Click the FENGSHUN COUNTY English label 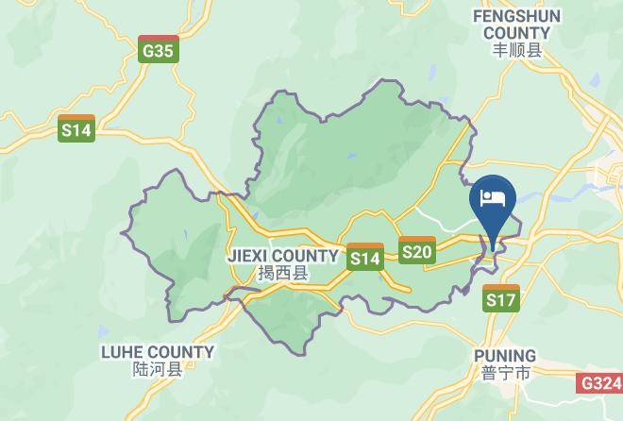tap(518, 25)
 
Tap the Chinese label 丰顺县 tap(518, 52)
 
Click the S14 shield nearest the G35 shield tap(76, 129)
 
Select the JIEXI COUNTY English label tap(282, 256)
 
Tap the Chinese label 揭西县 tap(282, 274)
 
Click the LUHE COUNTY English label tap(158, 352)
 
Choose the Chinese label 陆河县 tap(158, 370)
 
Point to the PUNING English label tap(505, 356)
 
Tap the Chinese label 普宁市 tap(505, 373)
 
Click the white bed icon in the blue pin tap(494, 198)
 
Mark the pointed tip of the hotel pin tap(494, 249)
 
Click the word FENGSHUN tap(518, 16)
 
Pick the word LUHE tap(123, 352)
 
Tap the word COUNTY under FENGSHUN tap(518, 33)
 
